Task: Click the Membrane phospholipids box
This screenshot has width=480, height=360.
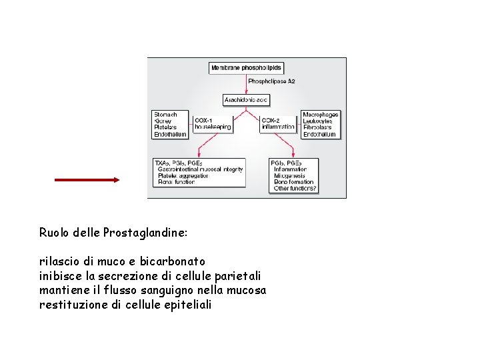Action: click(246, 68)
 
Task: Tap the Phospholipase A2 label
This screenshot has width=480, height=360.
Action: click(271, 81)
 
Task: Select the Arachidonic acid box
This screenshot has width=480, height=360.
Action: click(246, 100)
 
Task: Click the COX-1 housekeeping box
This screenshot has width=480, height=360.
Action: click(213, 123)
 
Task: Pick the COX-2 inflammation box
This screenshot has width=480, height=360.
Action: click(278, 123)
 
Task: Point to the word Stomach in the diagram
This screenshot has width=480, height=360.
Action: click(165, 115)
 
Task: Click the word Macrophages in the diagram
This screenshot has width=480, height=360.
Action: click(320, 115)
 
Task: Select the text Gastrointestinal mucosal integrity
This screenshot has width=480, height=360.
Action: click(200, 169)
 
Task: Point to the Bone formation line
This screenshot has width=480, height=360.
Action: click(293, 182)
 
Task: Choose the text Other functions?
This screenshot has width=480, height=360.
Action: click(295, 189)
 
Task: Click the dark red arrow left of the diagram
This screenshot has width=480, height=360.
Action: click(87, 180)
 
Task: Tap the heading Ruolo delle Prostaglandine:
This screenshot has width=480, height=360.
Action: click(113, 233)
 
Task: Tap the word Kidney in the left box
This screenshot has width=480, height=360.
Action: click(164, 121)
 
